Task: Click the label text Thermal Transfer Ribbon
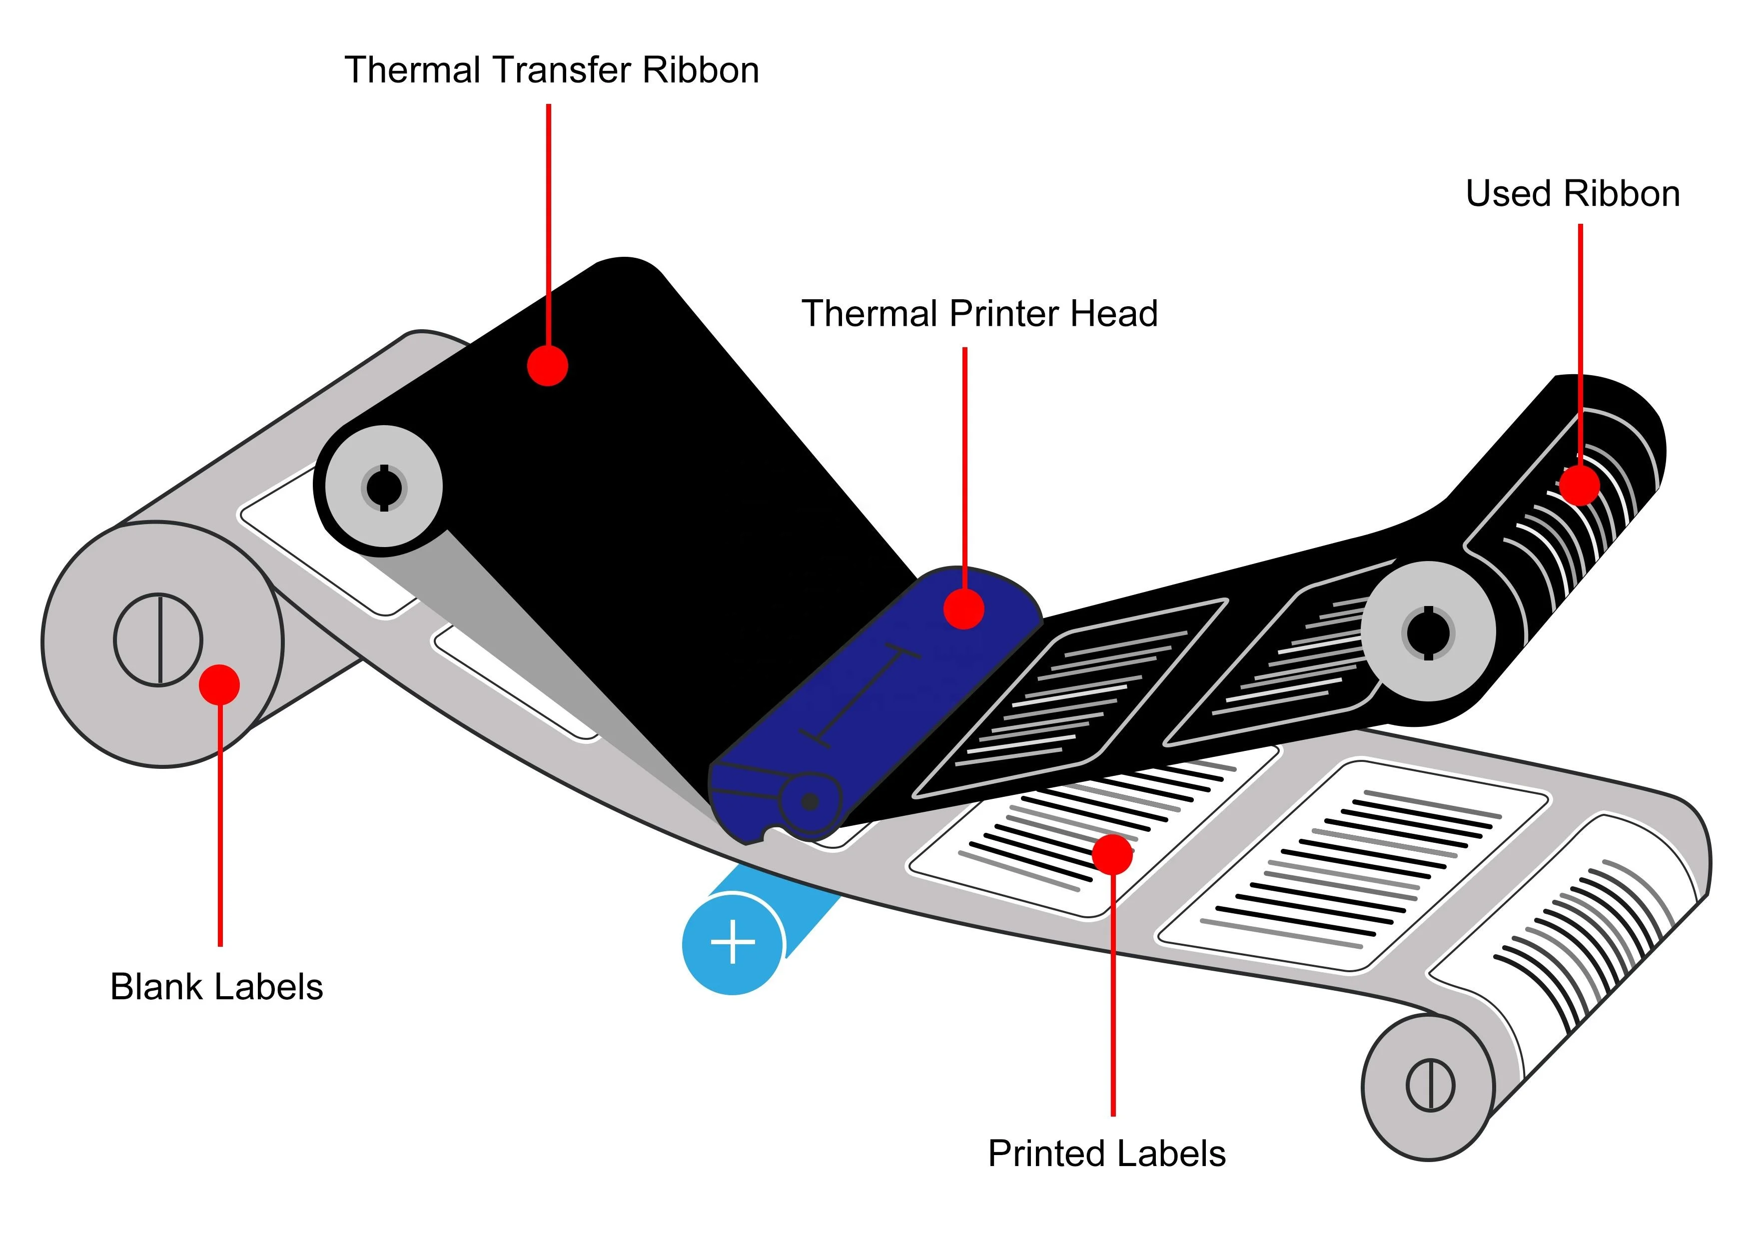551,70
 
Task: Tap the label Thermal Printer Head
979,314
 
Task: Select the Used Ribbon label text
1572,194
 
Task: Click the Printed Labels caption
1106,1154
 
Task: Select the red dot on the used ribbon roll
1579,485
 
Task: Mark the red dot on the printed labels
1112,854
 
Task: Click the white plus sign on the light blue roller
733,942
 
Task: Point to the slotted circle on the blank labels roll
159,639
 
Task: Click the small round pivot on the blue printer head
810,801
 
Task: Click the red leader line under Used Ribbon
1580,321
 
